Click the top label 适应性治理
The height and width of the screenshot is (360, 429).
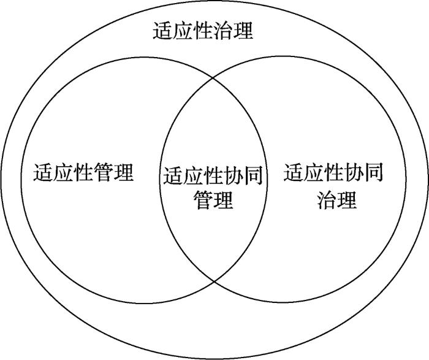tap(203, 30)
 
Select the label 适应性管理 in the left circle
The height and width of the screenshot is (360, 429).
tap(83, 172)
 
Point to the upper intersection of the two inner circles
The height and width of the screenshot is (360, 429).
tap(213, 79)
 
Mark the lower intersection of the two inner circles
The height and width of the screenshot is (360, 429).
tap(214, 281)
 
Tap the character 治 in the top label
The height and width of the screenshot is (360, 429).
tap(222, 30)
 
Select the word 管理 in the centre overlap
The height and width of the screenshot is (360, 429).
tap(213, 199)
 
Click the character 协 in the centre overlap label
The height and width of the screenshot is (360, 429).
tap(233, 175)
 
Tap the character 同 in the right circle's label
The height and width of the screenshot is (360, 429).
tap(373, 172)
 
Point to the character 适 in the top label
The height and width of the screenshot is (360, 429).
tap(162, 30)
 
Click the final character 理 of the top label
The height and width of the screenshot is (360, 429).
tap(243, 30)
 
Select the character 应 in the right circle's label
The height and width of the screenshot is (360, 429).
tap(313, 172)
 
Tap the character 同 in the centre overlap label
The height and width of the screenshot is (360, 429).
tap(253, 175)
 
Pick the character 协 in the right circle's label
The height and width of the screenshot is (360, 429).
tap(354, 172)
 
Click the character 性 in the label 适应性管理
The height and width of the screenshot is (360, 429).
tap(83, 172)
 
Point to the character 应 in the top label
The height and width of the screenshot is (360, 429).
tap(183, 30)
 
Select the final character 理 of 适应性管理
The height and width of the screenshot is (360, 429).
tap(124, 172)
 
